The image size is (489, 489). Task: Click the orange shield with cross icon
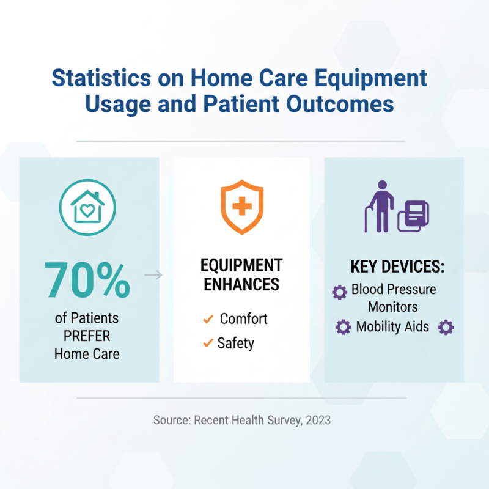[x=242, y=207]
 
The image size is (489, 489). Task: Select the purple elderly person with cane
[x=380, y=206]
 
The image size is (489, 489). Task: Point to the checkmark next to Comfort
[x=208, y=319]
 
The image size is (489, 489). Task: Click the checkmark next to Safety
[x=208, y=344]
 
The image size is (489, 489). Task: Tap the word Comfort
[x=243, y=319]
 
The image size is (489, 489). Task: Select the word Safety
[x=235, y=344]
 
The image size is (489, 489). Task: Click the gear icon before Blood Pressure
[x=339, y=292]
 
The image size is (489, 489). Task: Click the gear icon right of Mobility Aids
[x=446, y=327]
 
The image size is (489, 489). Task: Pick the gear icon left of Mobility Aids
[x=344, y=327]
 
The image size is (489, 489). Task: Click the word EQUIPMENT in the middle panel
[x=241, y=265]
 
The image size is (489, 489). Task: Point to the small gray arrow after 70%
[x=153, y=276]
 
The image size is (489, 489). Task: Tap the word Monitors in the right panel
[x=394, y=307]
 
